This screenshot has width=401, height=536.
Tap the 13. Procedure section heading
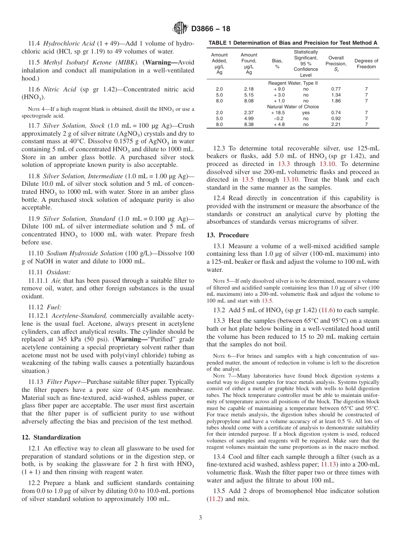tap(228, 235)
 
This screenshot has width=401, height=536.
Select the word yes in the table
tap(306, 113)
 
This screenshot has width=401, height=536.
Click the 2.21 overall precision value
tap(336, 125)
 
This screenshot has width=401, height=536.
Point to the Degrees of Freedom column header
tap(366, 64)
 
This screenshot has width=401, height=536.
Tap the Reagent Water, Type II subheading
tap(293, 83)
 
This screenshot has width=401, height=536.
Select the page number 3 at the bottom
tap(200, 517)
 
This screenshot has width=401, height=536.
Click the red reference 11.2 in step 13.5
tap(214, 499)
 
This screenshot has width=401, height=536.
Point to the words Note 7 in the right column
tap(220, 376)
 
